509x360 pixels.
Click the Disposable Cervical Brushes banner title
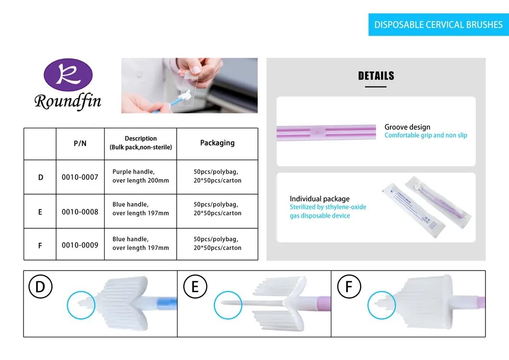(x=438, y=25)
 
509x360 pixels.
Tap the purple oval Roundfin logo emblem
(x=68, y=75)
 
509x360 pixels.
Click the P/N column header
(x=80, y=143)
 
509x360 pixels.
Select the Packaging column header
(x=217, y=143)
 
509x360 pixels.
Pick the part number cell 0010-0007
(x=80, y=177)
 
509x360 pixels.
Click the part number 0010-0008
(x=80, y=211)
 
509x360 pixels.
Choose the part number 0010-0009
(x=80, y=245)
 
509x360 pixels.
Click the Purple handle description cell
(x=140, y=176)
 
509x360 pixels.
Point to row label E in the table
(x=40, y=212)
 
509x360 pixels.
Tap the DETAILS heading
(x=376, y=76)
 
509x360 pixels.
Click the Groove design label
(x=407, y=127)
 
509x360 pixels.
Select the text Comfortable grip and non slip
(x=425, y=136)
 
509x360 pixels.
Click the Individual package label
(x=319, y=199)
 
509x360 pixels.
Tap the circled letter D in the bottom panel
(x=40, y=287)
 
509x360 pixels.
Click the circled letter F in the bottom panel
(x=349, y=287)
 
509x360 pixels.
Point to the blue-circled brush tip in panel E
(x=228, y=304)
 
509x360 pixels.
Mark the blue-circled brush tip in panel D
(x=81, y=304)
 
